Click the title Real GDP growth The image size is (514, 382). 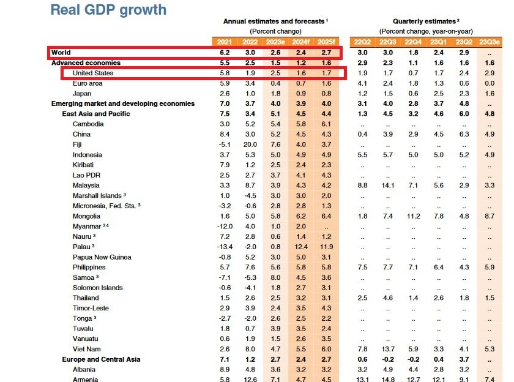(108, 10)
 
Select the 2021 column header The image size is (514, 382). (224, 42)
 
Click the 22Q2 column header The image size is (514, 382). (362, 42)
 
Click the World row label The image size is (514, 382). (61, 53)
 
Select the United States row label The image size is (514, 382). (93, 73)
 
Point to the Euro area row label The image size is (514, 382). (88, 83)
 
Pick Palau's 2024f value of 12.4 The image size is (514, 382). (300, 247)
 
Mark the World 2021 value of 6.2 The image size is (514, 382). (225, 53)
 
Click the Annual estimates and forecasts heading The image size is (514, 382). (275, 21)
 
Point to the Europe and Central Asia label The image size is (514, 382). (102, 359)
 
